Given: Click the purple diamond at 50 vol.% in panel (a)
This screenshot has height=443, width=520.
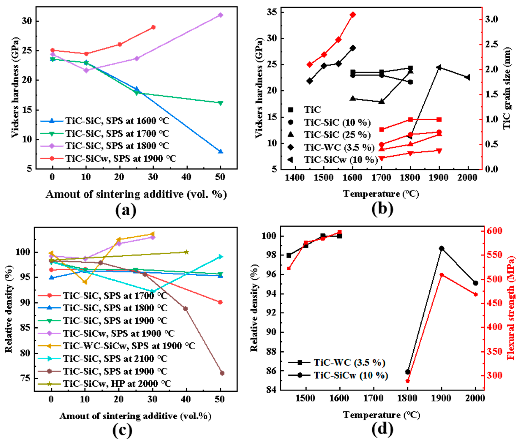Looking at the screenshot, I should point(220,15).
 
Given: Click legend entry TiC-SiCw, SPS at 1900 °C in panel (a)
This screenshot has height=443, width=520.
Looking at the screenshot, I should point(120,159).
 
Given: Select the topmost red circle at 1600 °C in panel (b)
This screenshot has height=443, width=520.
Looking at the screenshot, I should point(353,15).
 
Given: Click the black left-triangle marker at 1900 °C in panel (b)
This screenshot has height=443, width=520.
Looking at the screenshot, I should point(439,67).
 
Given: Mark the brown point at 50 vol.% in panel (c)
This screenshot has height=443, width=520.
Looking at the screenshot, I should point(222,373).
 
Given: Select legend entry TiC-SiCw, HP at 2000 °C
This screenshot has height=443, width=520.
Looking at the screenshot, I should point(117,384).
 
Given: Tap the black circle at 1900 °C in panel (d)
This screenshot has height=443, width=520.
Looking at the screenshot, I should point(442,248).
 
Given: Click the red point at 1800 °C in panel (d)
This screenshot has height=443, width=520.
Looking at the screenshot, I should point(408,381).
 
